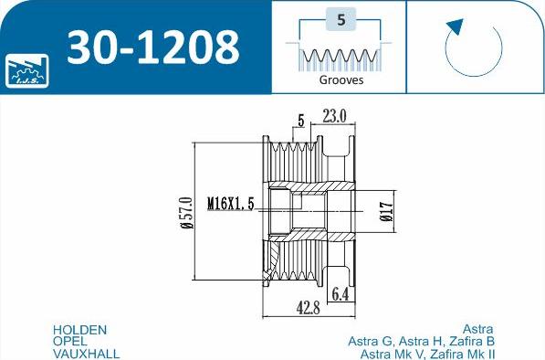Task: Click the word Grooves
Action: pyautogui.click(x=341, y=79)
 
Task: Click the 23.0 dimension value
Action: pyautogui.click(x=335, y=116)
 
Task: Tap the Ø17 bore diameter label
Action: pyautogui.click(x=385, y=212)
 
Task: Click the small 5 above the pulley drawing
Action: pyautogui.click(x=299, y=119)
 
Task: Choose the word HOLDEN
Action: pyautogui.click(x=80, y=330)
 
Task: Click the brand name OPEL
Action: pyautogui.click(x=70, y=342)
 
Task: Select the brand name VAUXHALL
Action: pyautogui.click(x=87, y=354)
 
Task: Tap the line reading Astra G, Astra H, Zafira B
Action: pyautogui.click(x=421, y=342)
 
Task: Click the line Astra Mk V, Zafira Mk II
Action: pyautogui.click(x=427, y=354)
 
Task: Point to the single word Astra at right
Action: pyautogui.click(x=478, y=330)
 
